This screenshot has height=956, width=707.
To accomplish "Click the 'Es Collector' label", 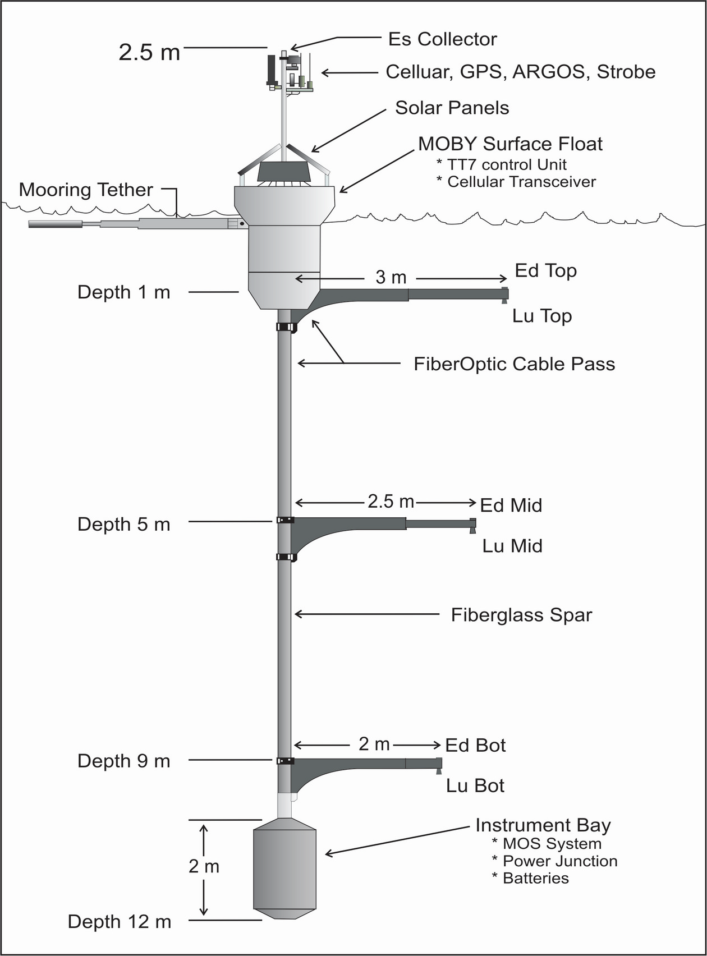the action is pos(442,39).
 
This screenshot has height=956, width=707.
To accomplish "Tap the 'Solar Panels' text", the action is pos(452,108).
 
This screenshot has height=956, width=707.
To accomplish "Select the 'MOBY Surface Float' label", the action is pos(511,144).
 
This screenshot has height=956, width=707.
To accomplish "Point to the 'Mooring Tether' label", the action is pos(86,190).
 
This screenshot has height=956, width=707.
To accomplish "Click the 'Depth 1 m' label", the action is pos(124,292).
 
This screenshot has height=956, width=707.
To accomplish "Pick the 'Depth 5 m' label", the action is pos(124,525).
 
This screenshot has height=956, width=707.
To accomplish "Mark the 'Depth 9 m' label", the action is pos(124,761).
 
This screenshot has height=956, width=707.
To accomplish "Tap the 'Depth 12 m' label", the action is pos(120,922).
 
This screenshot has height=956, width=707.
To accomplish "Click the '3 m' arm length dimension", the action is pos(391,277).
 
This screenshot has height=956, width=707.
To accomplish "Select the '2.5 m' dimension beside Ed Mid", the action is pos(391,501).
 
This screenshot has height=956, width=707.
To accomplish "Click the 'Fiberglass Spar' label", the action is pos(522,615).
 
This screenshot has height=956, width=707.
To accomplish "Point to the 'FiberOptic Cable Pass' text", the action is pos(515,364).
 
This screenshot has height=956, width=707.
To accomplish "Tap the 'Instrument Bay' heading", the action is pos(543,825).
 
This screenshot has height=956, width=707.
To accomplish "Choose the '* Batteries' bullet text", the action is pos(530,879).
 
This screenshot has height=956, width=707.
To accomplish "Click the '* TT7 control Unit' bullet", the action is pos(502,165).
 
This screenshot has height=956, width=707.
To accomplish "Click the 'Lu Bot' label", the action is pos(475,786).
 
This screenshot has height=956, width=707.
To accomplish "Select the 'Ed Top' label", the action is pos(546,271).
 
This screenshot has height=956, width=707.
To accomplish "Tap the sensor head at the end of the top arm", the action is pos(505,295).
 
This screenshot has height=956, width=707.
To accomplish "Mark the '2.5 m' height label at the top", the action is pos(150,52).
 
